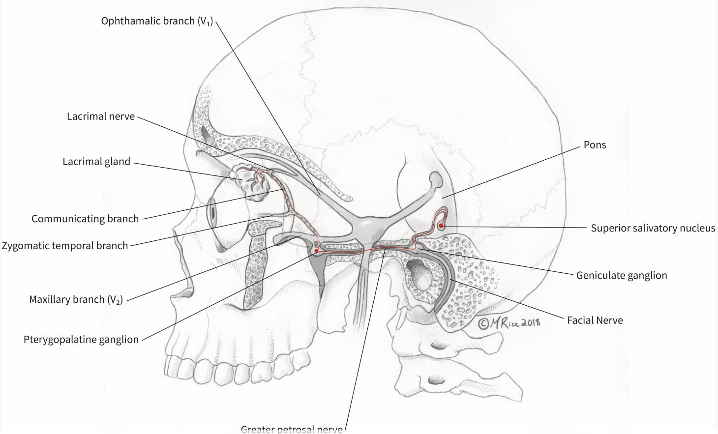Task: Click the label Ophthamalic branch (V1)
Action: tap(156, 21)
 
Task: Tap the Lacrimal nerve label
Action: tap(101, 116)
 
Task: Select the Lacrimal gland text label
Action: tap(96, 162)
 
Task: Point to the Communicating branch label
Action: tap(85, 219)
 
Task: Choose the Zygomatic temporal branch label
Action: tap(64, 245)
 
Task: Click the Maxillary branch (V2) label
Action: tap(75, 299)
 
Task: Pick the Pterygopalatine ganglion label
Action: tap(81, 340)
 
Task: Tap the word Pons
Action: tap(595, 145)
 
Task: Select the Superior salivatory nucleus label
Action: tap(653, 228)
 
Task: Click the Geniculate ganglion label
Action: tap(622, 275)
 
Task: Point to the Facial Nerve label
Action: tap(595, 320)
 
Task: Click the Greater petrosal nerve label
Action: tap(292, 429)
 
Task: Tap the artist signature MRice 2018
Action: tap(509, 322)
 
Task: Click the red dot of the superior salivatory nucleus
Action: tap(441, 226)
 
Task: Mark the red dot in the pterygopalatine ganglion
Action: tap(316, 251)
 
